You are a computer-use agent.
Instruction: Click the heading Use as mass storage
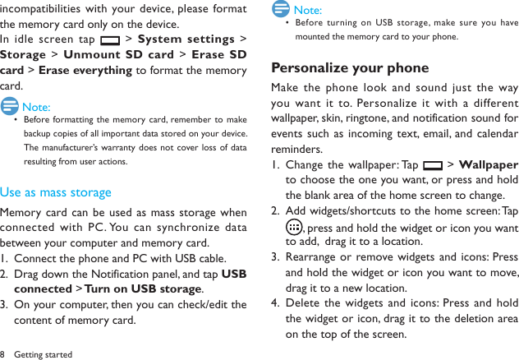56,192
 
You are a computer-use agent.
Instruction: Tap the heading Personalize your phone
350,67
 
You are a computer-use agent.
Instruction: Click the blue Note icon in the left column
11,106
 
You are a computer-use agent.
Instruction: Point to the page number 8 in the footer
3,354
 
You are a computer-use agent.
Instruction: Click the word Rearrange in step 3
315,258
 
